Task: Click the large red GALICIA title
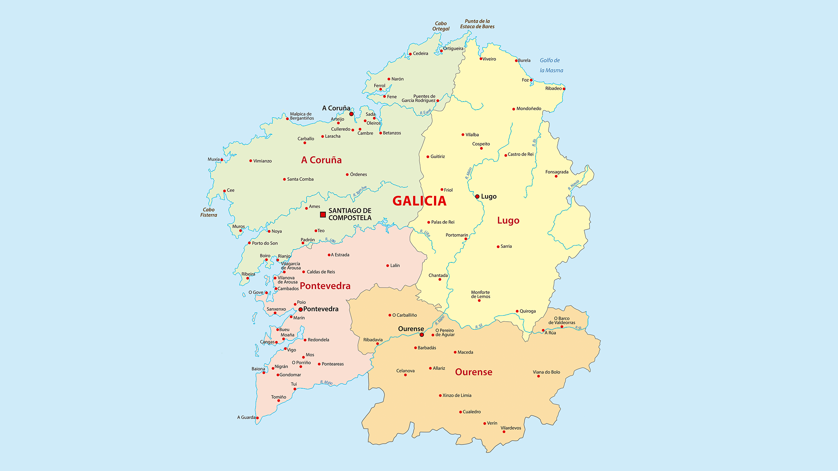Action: pos(419,201)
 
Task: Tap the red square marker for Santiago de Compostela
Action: pos(323,215)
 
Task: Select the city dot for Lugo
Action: pos(477,196)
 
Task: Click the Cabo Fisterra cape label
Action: pos(208,212)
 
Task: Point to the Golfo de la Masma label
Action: pos(551,65)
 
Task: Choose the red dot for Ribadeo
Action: pos(564,89)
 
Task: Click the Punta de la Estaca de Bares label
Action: pos(477,24)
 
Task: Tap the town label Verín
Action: pos(492,423)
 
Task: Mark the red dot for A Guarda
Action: pos(257,418)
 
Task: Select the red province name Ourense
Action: pos(473,372)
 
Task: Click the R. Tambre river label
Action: pos(360,191)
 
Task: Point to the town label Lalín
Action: pos(395,266)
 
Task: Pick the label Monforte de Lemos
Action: pos(480,294)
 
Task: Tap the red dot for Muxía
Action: pos(222,160)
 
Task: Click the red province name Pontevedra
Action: pos(325,286)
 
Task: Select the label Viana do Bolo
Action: pos(546,372)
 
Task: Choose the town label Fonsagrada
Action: pos(557,172)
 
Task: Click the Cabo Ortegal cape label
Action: pos(441,26)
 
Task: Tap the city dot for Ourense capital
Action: pos(422,335)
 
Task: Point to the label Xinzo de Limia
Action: pos(457,395)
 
